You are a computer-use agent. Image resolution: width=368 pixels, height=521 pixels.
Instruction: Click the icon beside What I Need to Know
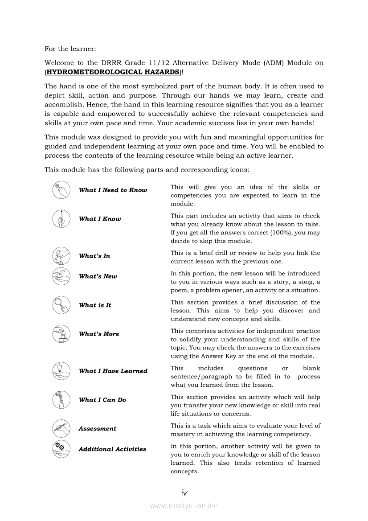coord(61,190)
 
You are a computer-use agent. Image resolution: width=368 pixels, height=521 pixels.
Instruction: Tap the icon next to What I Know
coord(61,219)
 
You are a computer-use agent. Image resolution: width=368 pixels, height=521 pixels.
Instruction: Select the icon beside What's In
coord(61,256)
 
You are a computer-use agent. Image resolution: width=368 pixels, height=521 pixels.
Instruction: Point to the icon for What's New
coord(61,276)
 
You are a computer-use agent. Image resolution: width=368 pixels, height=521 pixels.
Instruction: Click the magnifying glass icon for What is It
coord(61,305)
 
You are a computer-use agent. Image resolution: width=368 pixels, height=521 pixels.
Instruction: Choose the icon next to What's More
coord(61,334)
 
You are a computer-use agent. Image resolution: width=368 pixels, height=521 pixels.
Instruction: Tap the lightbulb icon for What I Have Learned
coord(61,371)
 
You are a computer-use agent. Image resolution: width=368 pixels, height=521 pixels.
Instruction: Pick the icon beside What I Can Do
coord(61,400)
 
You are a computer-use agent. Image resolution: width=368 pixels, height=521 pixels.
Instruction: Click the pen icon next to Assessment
coord(61,429)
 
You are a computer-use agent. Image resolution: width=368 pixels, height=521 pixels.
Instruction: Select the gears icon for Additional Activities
coord(61,449)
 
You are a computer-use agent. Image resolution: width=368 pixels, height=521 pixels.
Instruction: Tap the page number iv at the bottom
coord(184,493)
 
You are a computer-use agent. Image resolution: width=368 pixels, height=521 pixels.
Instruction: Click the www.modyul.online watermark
coord(184,506)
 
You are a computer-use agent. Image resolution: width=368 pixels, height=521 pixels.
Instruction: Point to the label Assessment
coord(97,429)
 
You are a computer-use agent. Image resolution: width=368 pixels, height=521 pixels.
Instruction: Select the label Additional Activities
coord(112,449)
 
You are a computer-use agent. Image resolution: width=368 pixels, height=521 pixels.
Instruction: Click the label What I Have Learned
coord(113,371)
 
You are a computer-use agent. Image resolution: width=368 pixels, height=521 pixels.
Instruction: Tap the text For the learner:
coord(70,48)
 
